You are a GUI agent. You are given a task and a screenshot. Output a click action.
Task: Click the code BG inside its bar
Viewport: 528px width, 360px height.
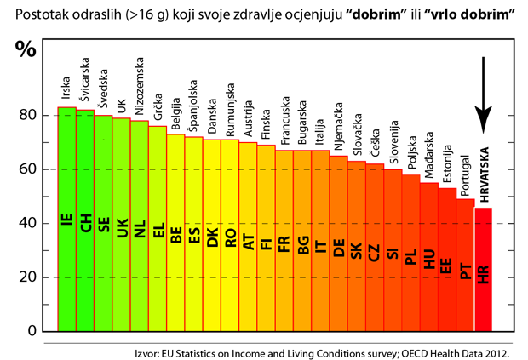302,247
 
